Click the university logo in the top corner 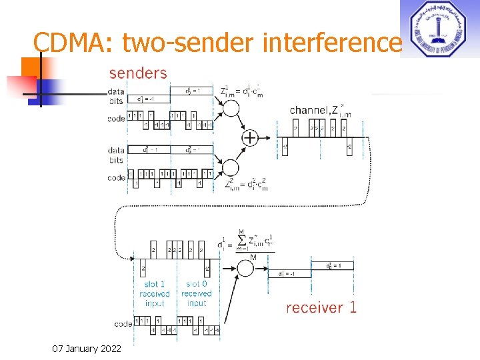438,29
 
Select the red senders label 137,72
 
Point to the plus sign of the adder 249,138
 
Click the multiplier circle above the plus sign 231,107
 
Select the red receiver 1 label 321,307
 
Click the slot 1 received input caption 155,293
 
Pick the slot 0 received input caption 196,293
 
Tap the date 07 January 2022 85,348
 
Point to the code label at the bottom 123,324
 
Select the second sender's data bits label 116,155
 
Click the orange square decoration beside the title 32,68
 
